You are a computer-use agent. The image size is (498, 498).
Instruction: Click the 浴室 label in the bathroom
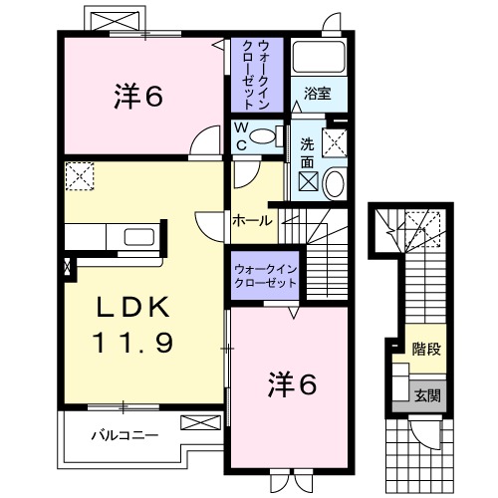[319, 94]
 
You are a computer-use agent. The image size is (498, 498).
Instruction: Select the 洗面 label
[307, 152]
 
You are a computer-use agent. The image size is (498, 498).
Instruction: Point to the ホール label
[252, 221]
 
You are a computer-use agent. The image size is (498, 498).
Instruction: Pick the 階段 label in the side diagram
[426, 349]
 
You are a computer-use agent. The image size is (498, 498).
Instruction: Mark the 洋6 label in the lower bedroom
[292, 382]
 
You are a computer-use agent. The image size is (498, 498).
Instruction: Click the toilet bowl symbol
[264, 135]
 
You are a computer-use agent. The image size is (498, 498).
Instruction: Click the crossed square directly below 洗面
[309, 182]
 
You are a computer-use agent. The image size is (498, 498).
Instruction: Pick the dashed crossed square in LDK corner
[79, 176]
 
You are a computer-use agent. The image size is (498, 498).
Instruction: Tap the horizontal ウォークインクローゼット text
[266, 276]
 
